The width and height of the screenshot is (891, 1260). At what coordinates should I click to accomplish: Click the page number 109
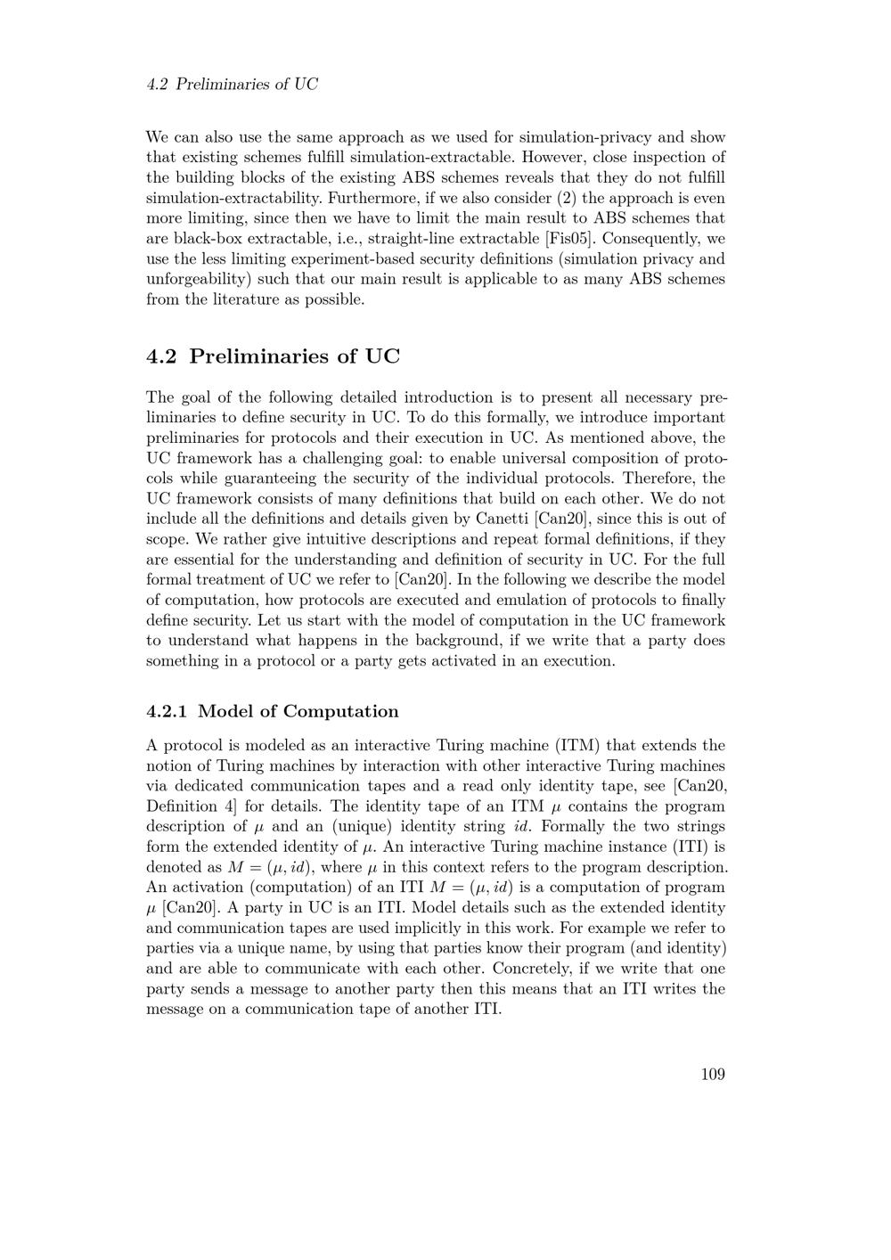click(712, 1074)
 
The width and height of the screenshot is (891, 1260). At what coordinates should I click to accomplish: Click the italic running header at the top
click(232, 85)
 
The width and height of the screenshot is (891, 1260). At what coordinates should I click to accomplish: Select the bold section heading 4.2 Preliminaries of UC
click(273, 356)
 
